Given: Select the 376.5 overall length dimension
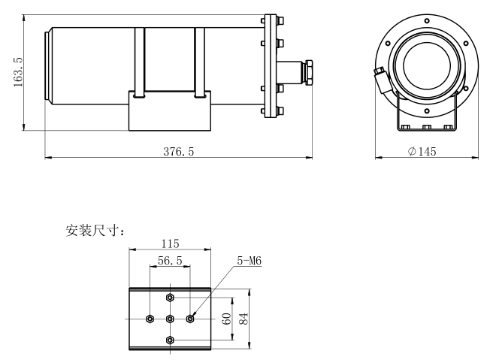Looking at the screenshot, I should coord(179,151).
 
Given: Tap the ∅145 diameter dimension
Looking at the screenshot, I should coord(422,151).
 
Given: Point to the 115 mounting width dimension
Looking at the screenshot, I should coord(171,245).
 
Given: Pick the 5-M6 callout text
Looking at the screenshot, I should coord(248,261).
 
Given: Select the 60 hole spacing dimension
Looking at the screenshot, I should coord(226,318).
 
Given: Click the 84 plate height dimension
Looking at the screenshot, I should coord(243,318).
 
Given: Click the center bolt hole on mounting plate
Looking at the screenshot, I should coord(171,318).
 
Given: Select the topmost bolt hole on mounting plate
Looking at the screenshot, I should coord(171,297).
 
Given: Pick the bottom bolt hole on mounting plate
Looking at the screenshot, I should coord(171,340).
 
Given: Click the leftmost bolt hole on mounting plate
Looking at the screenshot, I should coord(150,318).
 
